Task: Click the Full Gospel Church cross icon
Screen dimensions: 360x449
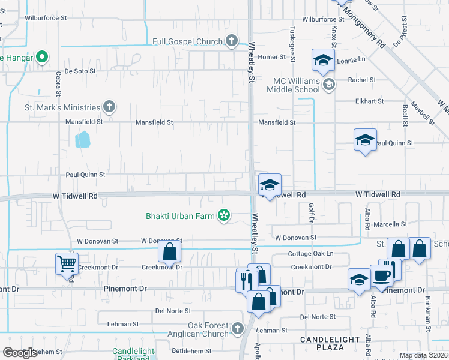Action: point(232,41)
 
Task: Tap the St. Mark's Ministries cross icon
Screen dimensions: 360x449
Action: point(109,107)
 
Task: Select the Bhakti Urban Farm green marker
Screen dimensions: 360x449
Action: point(224,215)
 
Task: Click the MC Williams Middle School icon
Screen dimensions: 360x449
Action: point(328,85)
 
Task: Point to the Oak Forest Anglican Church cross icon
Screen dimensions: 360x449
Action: point(237,329)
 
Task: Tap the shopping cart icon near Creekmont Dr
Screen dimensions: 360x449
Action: point(67,263)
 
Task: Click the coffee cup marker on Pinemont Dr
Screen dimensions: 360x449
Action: point(382,275)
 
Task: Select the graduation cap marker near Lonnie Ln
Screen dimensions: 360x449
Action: point(323,60)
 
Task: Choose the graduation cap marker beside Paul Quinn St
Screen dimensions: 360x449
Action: point(365,140)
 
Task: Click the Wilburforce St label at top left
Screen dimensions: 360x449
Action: point(46,19)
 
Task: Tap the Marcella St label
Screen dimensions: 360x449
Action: point(390,224)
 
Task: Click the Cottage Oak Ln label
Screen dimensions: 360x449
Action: point(310,254)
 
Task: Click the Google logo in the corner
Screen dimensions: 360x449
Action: point(20,353)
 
